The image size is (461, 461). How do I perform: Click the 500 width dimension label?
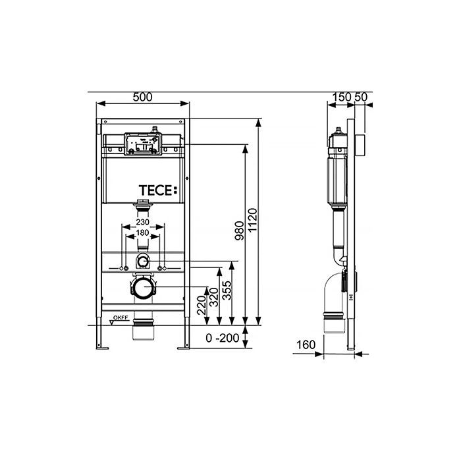143,97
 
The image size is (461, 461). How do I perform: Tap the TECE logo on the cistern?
158,190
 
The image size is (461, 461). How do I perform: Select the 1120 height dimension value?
252,221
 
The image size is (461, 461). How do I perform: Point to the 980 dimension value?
240,230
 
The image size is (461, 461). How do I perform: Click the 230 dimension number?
143,222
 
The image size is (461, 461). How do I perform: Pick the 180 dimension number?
143,233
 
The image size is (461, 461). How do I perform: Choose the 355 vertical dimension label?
227,290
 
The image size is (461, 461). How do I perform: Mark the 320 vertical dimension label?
214,297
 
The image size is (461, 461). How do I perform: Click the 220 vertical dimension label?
202,306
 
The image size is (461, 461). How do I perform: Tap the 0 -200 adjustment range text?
223,338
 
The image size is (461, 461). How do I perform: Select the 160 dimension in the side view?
306,344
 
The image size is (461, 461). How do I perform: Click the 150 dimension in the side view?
342,97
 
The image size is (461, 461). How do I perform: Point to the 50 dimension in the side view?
361,97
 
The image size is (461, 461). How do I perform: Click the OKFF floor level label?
121,317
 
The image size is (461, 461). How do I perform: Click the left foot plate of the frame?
102,348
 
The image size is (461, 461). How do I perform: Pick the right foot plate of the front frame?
184,348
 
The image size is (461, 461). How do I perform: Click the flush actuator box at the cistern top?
143,144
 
